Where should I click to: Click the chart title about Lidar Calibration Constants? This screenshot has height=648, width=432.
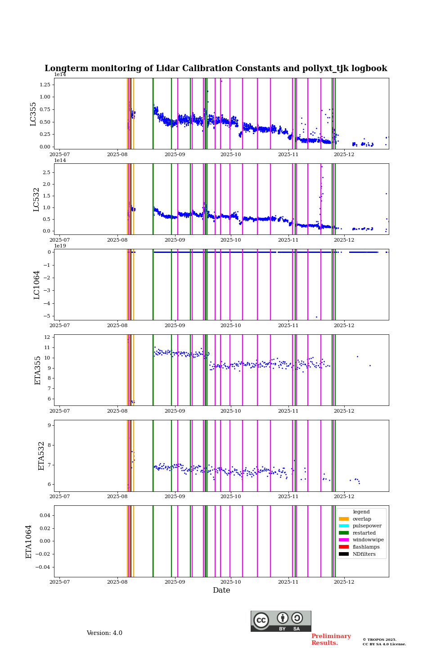point(216,68)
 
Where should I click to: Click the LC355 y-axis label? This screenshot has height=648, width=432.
point(33,114)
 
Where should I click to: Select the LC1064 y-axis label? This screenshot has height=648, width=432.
point(37,285)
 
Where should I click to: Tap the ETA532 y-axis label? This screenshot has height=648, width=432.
point(41,456)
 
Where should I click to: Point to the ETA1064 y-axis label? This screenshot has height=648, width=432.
point(29,541)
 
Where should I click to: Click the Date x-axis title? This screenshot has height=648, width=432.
point(221,590)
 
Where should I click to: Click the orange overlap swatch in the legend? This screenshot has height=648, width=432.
point(344,519)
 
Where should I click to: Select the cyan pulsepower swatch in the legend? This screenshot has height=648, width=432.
point(344,526)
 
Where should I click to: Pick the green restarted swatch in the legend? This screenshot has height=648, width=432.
point(344,533)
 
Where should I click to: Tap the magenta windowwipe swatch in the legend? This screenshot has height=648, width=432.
point(344,540)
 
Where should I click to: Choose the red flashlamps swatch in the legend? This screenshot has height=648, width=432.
point(344,547)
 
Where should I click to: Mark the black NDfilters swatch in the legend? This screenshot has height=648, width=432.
point(344,554)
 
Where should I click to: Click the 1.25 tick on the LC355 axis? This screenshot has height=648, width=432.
point(45,85)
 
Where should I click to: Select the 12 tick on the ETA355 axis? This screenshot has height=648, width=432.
point(47,337)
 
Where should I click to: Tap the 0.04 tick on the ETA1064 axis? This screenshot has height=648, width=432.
point(44,515)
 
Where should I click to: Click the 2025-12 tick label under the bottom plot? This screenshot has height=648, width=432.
point(344,582)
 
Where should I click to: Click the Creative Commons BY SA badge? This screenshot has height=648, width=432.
point(281,621)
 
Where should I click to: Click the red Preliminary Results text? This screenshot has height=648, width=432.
point(331,639)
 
